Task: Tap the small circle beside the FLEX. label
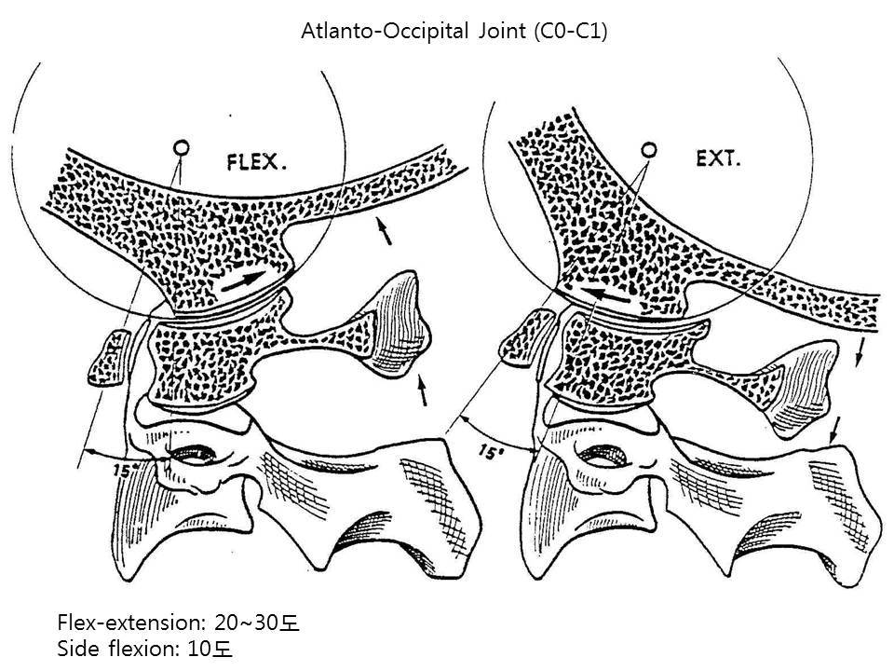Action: tap(183, 146)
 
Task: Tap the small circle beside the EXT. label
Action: tap(651, 147)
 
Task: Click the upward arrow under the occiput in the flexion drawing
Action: tap(383, 229)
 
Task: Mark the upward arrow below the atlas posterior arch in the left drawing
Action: tap(424, 390)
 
